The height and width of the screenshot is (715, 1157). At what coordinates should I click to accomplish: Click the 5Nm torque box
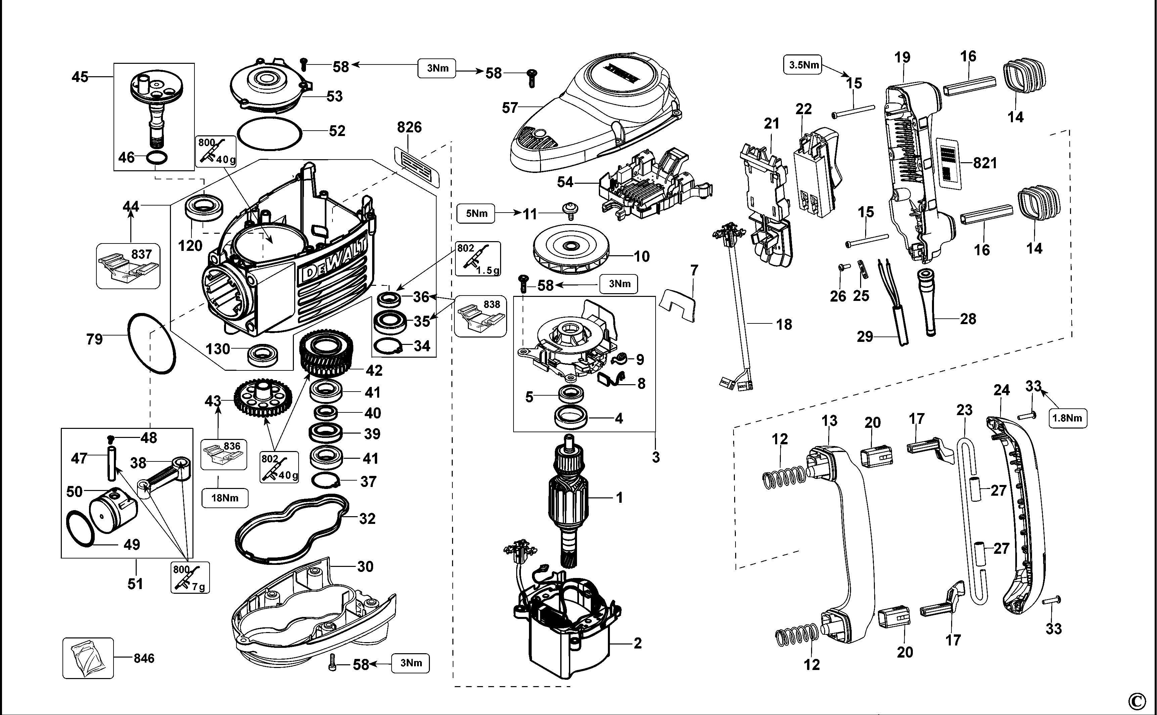point(476,214)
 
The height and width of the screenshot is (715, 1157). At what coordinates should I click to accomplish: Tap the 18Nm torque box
point(225,498)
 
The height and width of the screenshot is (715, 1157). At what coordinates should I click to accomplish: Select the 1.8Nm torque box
point(1068,418)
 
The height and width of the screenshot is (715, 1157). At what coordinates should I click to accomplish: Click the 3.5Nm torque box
point(803,65)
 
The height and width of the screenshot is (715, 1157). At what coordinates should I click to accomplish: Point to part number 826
point(409,127)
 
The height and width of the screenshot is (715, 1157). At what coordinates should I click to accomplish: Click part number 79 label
point(94,339)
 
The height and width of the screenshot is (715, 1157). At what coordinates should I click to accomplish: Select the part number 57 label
point(510,108)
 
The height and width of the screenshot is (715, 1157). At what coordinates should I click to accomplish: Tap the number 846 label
point(144,658)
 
